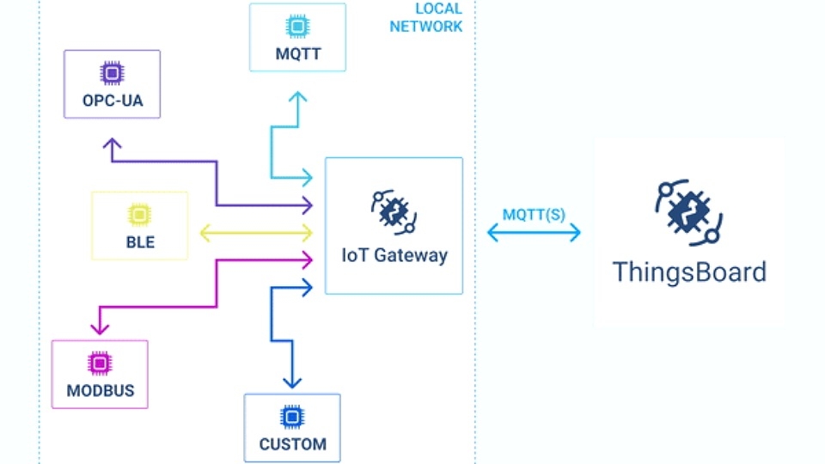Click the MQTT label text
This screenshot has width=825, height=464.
(x=297, y=55)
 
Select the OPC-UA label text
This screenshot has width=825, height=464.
(x=112, y=101)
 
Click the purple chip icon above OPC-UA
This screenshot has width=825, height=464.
(x=112, y=74)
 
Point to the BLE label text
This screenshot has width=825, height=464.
(x=140, y=242)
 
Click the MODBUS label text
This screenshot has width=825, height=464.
(x=100, y=391)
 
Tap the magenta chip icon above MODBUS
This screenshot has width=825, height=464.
(x=100, y=363)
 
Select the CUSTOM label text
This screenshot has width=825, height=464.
(x=292, y=444)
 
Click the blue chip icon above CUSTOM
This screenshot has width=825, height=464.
(x=292, y=418)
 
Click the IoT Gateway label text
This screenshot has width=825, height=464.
(x=394, y=255)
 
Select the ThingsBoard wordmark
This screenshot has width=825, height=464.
(x=688, y=272)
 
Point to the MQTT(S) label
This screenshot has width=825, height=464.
(x=534, y=214)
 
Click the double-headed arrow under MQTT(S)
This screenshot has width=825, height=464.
(x=534, y=232)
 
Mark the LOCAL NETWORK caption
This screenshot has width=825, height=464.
(x=426, y=18)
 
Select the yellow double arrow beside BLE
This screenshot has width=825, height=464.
(x=256, y=232)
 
